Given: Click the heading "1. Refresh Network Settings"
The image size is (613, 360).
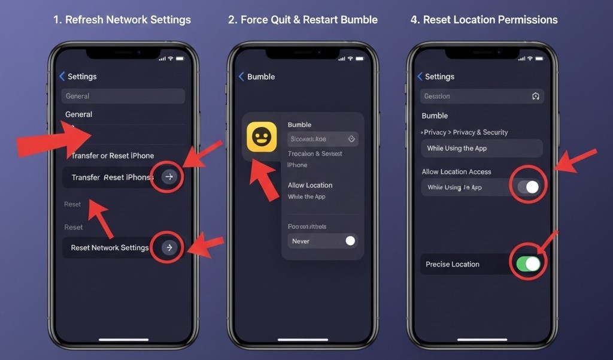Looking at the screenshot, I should click(x=122, y=20).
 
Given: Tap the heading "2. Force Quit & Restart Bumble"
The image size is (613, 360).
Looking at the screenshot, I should click(x=303, y=20).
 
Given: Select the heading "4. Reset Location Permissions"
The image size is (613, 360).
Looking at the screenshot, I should click(x=484, y=20).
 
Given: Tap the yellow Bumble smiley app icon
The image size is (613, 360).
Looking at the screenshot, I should click(x=262, y=137).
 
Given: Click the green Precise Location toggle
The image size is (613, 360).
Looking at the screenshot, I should click(x=528, y=264).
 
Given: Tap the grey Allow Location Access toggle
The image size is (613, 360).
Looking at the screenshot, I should click(x=528, y=187).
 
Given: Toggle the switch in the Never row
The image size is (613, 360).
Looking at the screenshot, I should click(x=350, y=241).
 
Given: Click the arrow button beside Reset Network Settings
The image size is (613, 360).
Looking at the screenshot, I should click(x=169, y=247).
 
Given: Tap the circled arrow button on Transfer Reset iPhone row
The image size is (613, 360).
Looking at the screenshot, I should click(x=169, y=177).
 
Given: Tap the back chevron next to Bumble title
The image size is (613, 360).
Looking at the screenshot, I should click(x=241, y=77).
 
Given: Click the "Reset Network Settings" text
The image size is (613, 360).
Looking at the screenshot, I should click(x=110, y=247).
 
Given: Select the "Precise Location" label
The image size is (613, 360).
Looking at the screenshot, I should click(x=453, y=264).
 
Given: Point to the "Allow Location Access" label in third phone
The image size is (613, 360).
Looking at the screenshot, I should click(x=456, y=172).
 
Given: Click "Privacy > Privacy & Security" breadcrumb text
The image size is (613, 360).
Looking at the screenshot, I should click(x=465, y=132).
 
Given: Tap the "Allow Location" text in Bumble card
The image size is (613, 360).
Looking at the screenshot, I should click(x=309, y=185).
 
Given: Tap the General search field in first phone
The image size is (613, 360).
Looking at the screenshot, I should click(x=123, y=96).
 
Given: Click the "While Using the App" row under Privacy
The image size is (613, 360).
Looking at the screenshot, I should click(x=481, y=148).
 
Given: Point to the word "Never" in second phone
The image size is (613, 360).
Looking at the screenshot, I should click(x=301, y=241).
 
